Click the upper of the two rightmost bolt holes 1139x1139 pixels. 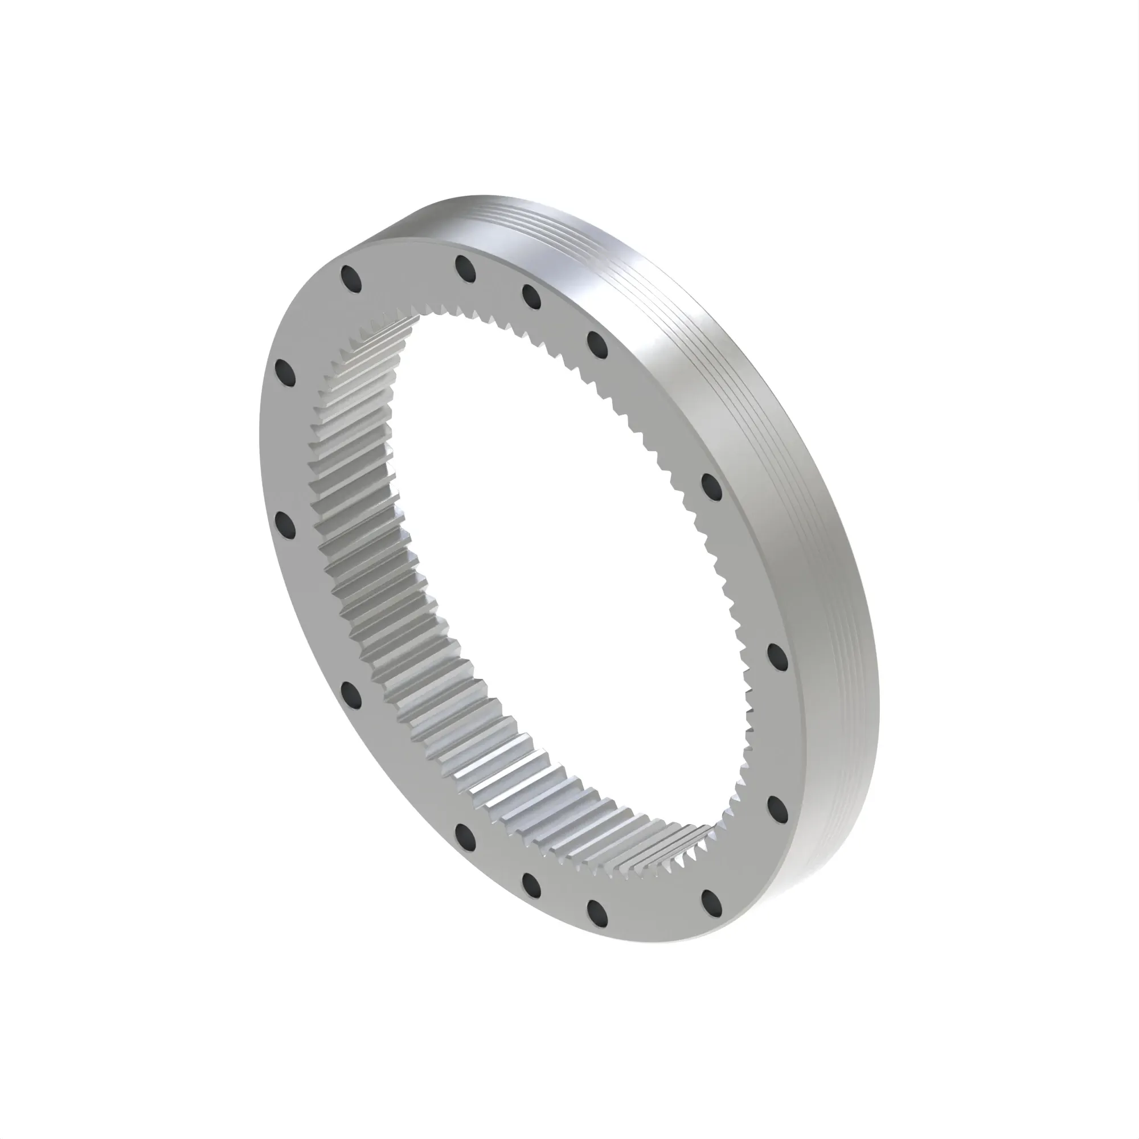point(777,656)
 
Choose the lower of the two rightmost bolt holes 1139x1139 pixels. point(777,806)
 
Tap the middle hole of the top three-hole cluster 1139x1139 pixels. point(531,297)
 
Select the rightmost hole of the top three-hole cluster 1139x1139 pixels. point(597,344)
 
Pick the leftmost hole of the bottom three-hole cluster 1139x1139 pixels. point(465,834)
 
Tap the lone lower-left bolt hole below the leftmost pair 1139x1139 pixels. point(352,694)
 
